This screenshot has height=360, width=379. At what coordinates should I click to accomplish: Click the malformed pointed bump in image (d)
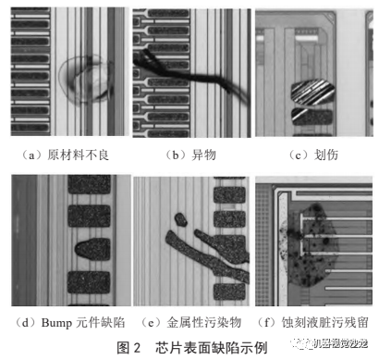click(88, 251)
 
